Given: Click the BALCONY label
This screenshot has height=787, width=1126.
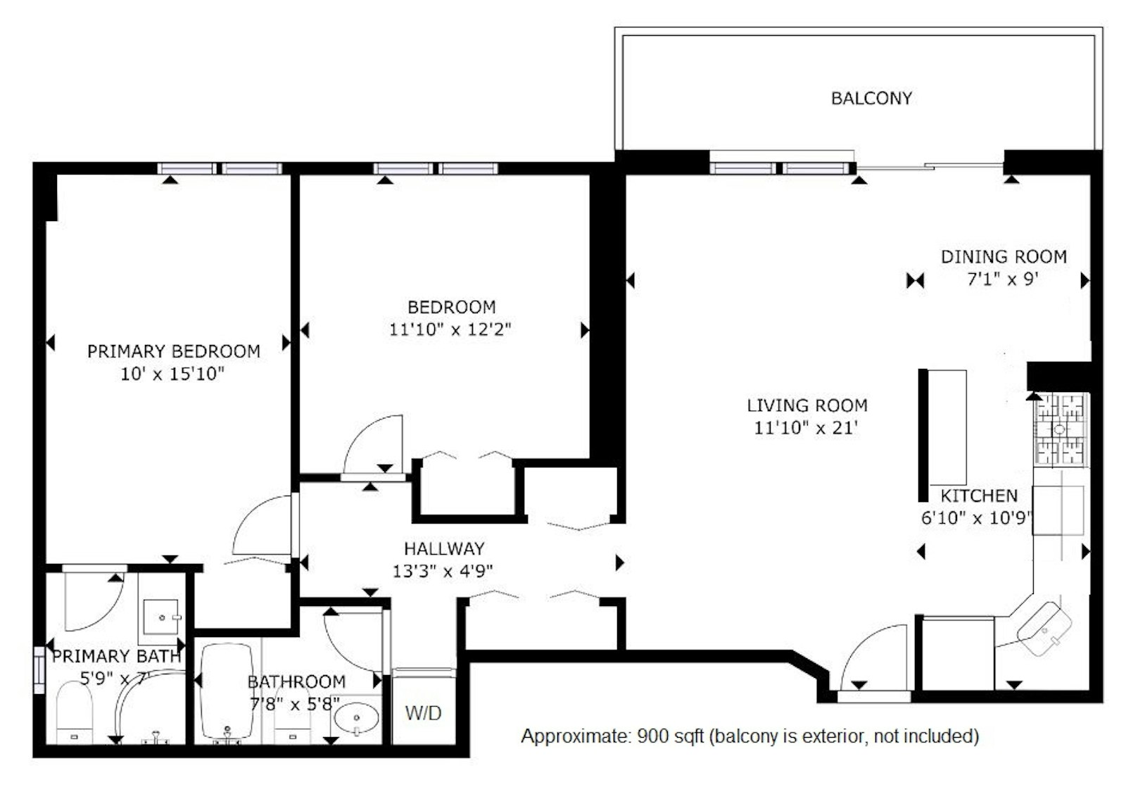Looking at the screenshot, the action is pos(871,98).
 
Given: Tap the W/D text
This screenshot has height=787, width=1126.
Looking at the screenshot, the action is pos(423,712).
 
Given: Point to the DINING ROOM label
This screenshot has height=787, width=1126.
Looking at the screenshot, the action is pos(1004,257).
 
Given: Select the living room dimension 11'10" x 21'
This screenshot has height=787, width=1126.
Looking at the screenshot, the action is pos(806,428).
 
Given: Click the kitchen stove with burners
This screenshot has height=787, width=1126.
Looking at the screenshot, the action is pos(1061,429).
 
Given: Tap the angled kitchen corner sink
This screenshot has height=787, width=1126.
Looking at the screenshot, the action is pos(1044,629).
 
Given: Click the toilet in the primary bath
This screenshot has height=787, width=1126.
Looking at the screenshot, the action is pos(74,712).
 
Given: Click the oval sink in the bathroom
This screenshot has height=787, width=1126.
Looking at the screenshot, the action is pos(356,717).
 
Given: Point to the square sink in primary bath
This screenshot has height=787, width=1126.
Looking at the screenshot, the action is pos(161,617).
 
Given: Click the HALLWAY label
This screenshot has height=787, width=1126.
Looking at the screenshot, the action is pos(444,548).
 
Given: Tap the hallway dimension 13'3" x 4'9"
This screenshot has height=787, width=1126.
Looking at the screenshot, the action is pos(443,572).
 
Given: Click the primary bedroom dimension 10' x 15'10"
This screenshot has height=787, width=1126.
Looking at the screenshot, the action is pos(172,374).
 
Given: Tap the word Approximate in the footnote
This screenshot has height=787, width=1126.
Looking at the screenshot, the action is pos(575,736).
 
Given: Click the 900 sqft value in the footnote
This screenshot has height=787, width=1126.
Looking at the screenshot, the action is pos(671,736).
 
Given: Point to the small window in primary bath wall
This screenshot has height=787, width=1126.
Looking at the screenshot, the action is pos(39,670).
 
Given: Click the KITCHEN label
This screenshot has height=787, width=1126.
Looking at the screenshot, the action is pos(979,496).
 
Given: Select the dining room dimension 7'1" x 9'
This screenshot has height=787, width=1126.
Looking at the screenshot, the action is pos(1003,279).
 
